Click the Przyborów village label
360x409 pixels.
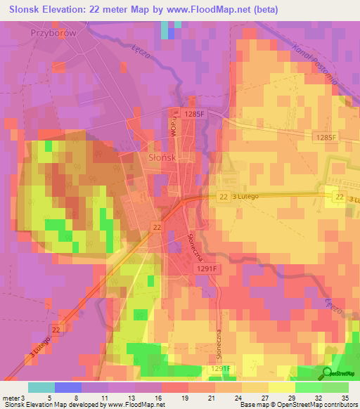pyautogui.click(x=53, y=32)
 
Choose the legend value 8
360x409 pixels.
pyautogui.click(x=67, y=397)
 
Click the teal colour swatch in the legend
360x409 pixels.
pyautogui.click(x=41, y=387)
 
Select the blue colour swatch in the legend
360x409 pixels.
pyautogui.click(x=67, y=387)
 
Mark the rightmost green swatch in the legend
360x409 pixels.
pyautogui.click(x=335, y=387)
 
